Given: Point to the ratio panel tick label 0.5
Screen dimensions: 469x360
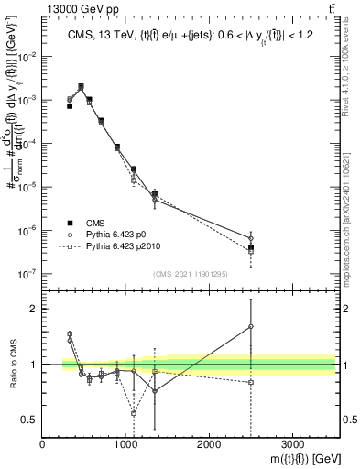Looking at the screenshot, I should point(28,420).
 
